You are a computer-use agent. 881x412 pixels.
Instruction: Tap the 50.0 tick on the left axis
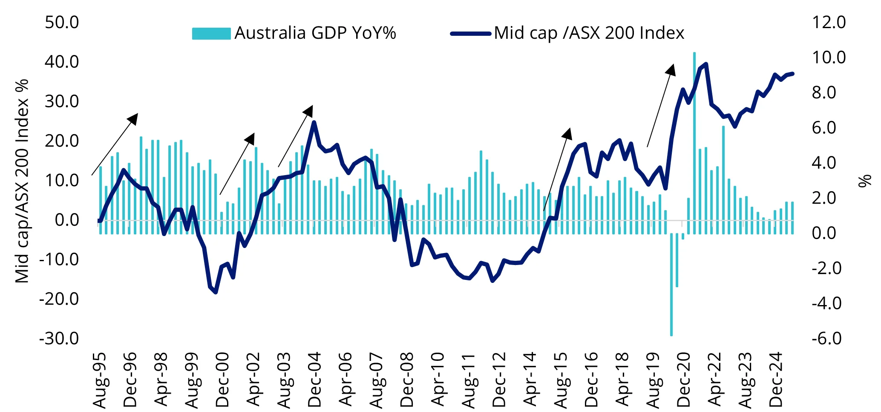62,22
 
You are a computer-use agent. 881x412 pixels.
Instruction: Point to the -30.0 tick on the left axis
59,338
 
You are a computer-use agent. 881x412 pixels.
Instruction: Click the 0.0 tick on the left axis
67,220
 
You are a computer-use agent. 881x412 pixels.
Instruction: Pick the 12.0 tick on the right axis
829,22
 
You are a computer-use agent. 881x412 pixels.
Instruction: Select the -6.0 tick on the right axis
827,338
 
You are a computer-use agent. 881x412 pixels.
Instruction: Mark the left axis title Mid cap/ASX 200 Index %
22,181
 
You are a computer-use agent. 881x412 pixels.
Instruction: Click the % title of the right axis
865,181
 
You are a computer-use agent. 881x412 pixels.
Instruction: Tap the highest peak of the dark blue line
706,64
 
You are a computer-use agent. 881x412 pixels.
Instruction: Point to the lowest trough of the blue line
216,292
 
